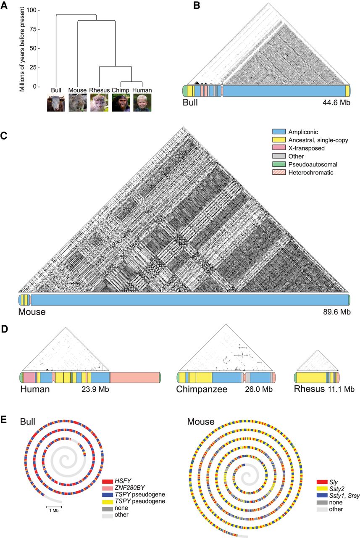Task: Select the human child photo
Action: [x=142, y=103]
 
